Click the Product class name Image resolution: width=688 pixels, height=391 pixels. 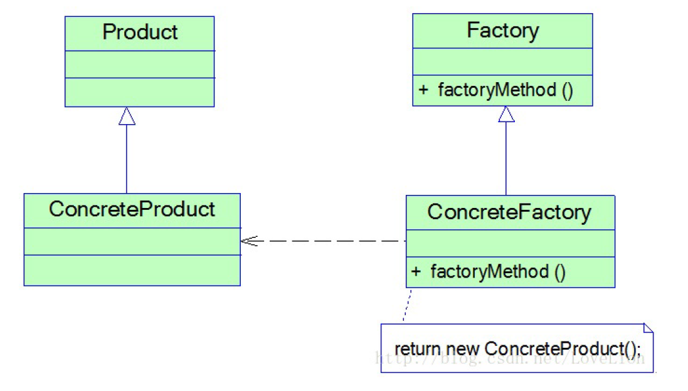140,33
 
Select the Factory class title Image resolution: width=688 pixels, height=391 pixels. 502,31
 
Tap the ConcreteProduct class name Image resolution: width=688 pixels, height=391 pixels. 132,209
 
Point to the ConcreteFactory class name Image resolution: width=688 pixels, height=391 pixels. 509,212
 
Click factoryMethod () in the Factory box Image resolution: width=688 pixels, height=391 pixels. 505,90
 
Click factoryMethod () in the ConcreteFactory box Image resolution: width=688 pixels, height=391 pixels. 498,272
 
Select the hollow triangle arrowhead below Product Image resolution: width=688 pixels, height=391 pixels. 127,116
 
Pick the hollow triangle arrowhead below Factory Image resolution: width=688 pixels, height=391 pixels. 506,114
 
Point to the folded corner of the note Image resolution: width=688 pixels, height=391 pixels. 648,328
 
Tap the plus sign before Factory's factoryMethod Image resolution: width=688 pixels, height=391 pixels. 423,90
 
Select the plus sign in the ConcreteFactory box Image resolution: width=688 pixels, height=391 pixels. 416,272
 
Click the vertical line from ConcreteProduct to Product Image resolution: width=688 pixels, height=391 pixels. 127,160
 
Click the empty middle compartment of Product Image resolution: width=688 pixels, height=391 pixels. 140,65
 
